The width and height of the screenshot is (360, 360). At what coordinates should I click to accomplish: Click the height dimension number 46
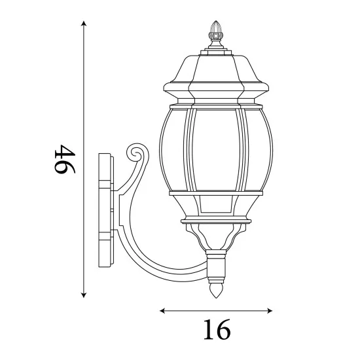pyautogui.click(x=65, y=159)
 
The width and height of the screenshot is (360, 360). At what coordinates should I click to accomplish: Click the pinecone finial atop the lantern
pyautogui.click(x=215, y=30)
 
